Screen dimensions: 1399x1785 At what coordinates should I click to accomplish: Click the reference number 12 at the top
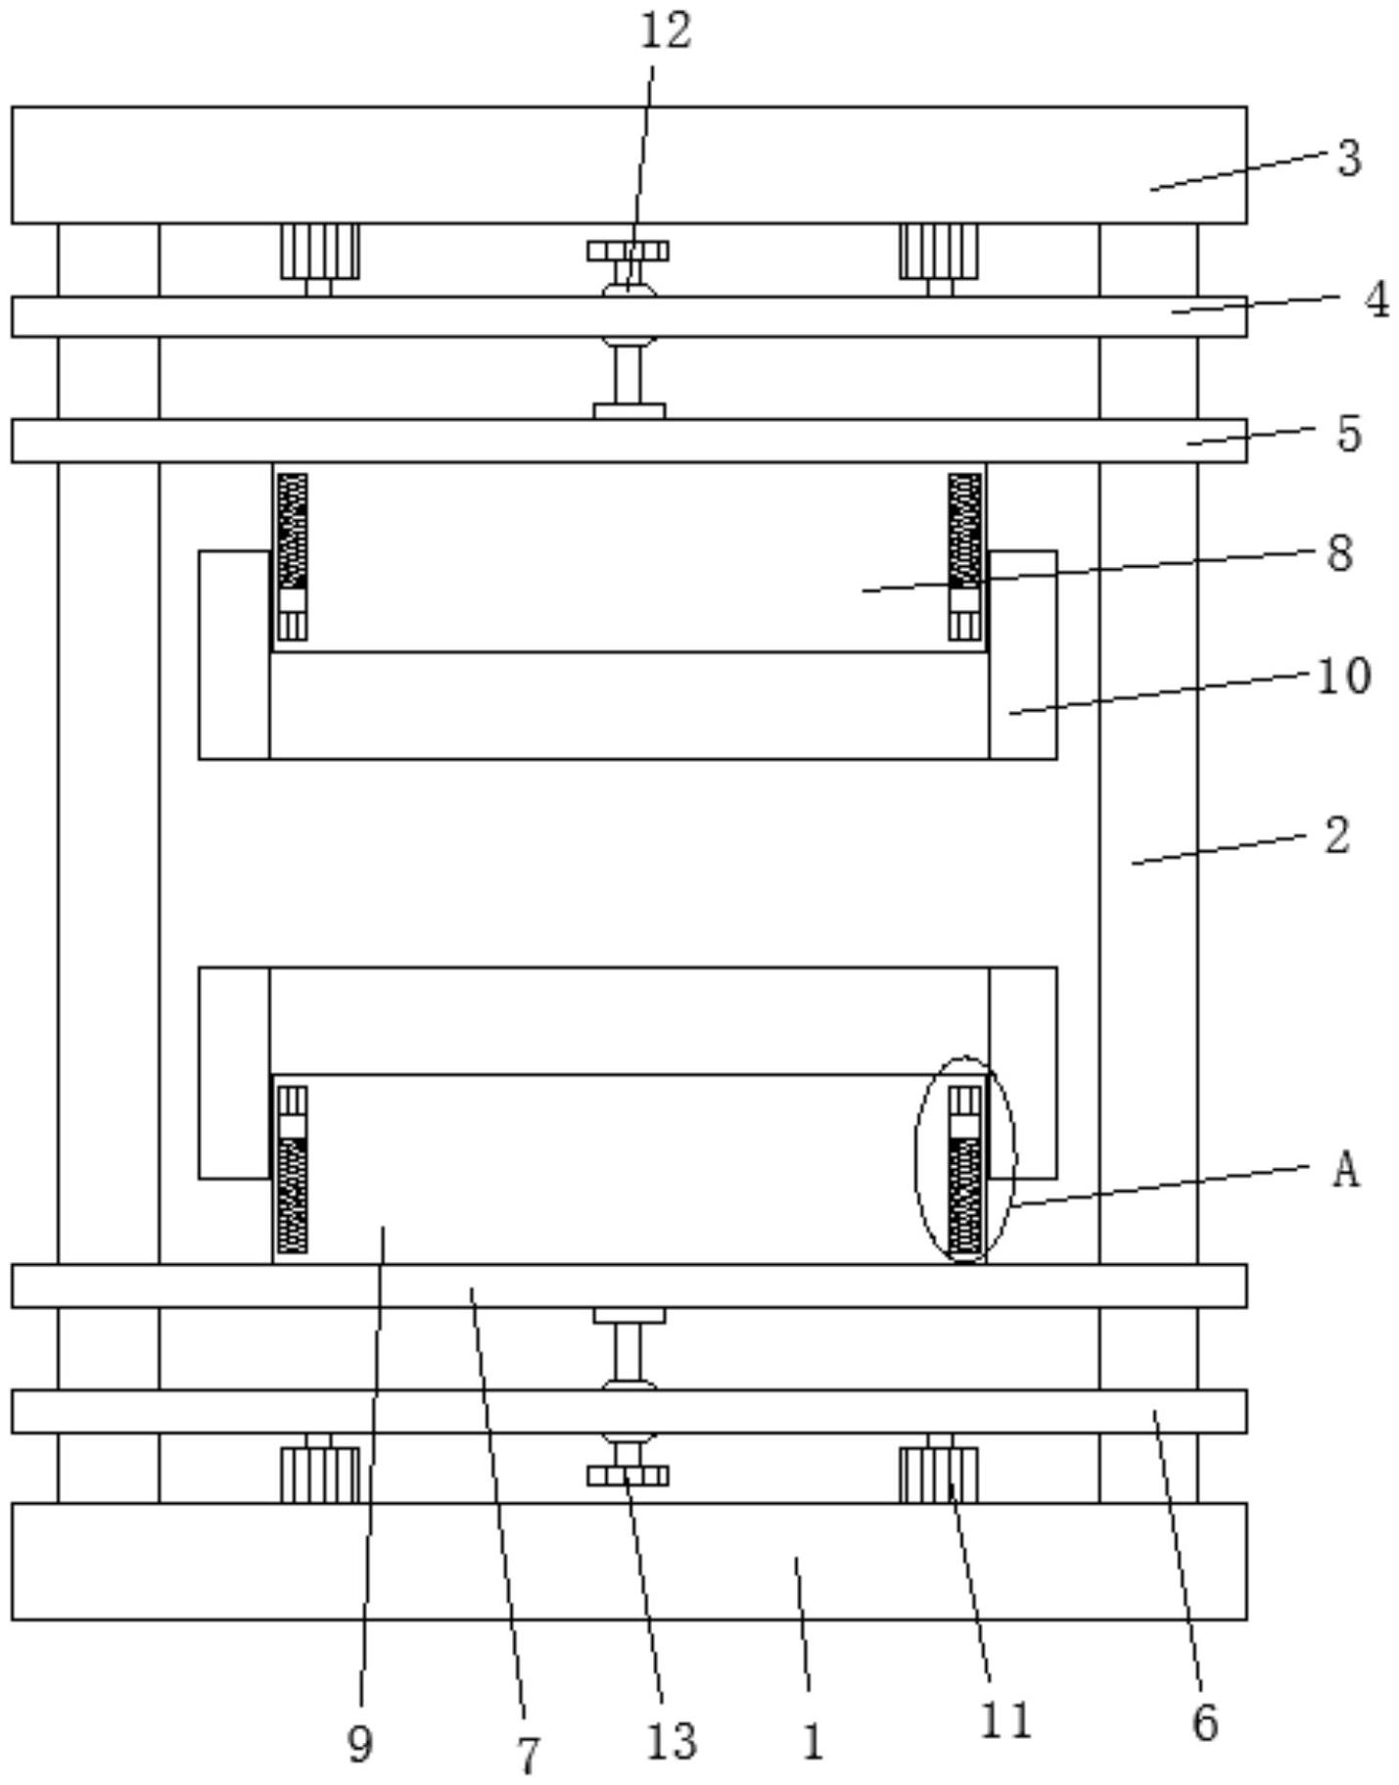[x=666, y=30]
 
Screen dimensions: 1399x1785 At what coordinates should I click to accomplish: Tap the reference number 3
[x=1350, y=158]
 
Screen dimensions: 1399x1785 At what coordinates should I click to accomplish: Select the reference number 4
[x=1376, y=300]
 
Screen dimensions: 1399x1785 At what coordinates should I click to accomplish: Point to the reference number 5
[x=1349, y=434]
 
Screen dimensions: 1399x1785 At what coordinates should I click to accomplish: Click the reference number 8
[x=1340, y=554]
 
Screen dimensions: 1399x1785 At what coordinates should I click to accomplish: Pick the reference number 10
[x=1344, y=677]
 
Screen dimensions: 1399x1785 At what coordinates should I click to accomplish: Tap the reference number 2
[x=1337, y=836]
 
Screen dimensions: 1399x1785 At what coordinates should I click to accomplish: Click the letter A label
[x=1346, y=1169]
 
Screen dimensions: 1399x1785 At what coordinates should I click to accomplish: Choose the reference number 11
[x=1006, y=1721]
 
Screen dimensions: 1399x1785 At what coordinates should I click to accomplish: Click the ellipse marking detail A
[x=964, y=1159]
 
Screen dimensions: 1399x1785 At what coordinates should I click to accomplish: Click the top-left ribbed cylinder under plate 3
[x=319, y=252]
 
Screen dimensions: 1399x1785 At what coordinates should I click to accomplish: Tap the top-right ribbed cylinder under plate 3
[x=938, y=252]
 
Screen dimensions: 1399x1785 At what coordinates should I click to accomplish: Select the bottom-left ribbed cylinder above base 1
[x=319, y=1476]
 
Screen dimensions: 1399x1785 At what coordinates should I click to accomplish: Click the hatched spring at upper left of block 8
[x=292, y=531]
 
